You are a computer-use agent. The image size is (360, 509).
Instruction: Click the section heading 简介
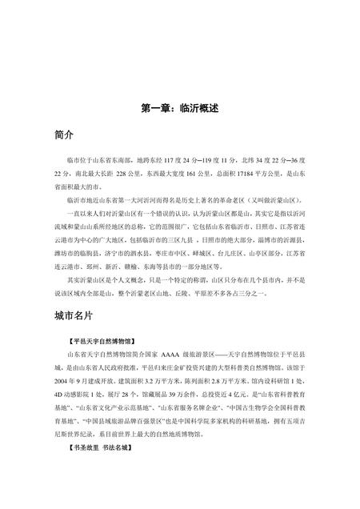tap(58, 131)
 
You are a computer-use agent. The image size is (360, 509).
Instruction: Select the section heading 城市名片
tap(68, 295)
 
